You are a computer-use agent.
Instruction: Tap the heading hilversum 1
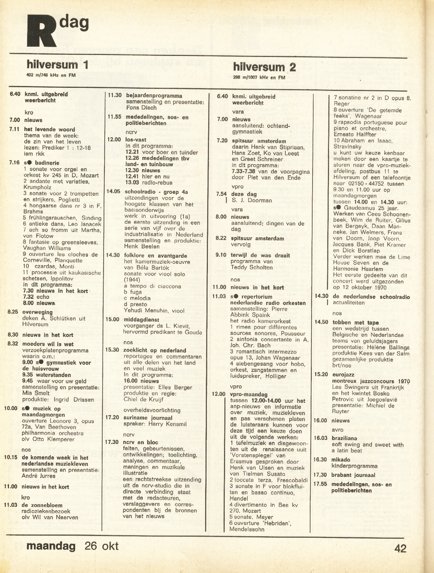[x=57, y=65]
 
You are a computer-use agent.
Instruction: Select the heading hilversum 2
[x=264, y=67]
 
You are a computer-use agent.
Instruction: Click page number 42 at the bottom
[x=400, y=549]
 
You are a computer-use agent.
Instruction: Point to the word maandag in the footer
[x=51, y=546]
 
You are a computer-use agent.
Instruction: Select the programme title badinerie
[x=46, y=163]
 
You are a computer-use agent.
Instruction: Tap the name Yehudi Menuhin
[x=147, y=311]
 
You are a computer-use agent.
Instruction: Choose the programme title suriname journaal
[x=148, y=418]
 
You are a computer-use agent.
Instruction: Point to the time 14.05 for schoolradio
[x=113, y=191]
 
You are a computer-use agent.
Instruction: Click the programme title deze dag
[x=245, y=194]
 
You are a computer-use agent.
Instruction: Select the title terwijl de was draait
[x=260, y=255]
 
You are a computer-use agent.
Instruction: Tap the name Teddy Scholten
[x=251, y=268]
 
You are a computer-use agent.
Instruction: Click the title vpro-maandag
[x=249, y=394]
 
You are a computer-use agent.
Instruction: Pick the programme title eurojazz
[x=343, y=375]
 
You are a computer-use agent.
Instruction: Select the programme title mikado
[x=341, y=460]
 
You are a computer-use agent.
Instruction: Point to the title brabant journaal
[x=353, y=475]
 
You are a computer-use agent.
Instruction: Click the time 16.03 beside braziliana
[x=320, y=438]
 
